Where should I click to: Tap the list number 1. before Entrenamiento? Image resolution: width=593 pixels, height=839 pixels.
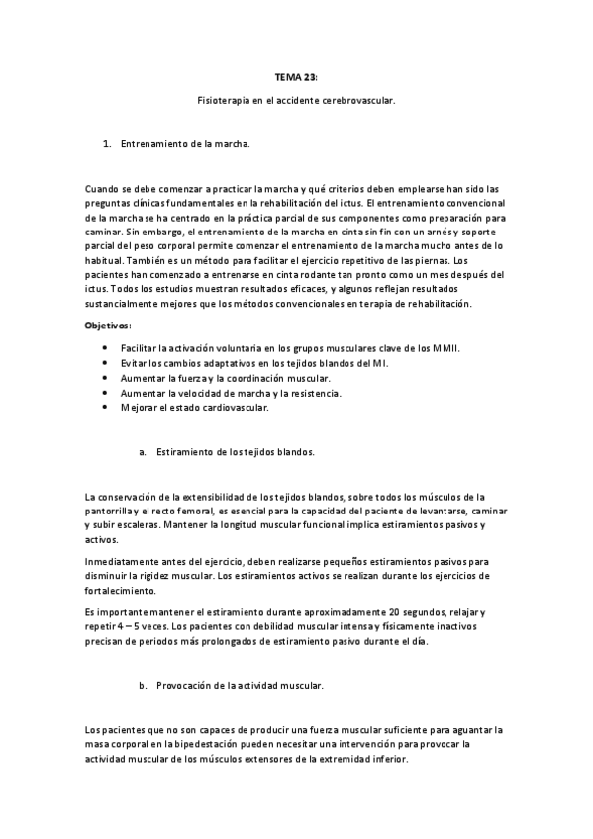tap(107, 144)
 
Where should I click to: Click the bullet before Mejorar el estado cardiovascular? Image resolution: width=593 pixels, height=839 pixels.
tap(106, 407)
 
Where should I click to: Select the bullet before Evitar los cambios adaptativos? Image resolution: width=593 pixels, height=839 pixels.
tap(106, 364)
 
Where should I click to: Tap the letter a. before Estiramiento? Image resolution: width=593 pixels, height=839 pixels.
tap(144, 451)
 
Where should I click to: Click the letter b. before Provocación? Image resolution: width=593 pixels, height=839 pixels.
tap(144, 685)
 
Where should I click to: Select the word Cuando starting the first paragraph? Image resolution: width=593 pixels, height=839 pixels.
tap(103, 188)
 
